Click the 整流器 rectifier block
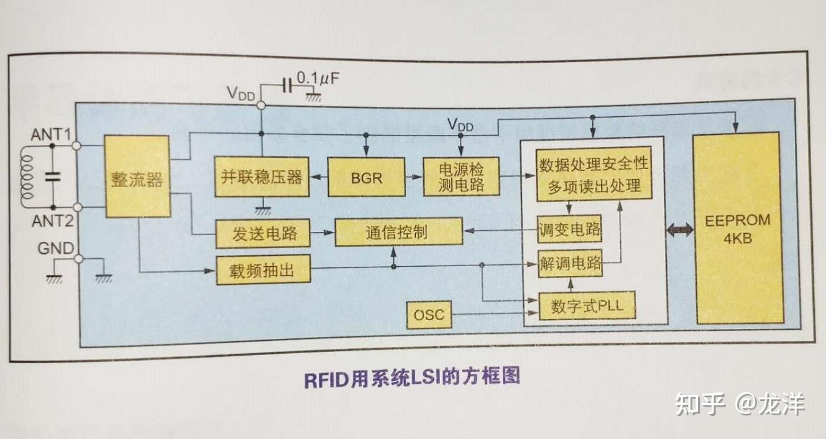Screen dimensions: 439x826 click(x=137, y=177)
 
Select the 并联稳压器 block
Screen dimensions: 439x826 click(x=262, y=177)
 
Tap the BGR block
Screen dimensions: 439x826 click(x=366, y=178)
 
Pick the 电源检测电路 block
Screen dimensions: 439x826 click(x=461, y=177)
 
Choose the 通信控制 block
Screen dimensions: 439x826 click(x=398, y=232)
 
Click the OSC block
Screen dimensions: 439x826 click(x=429, y=315)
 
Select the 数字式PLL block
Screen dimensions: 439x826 click(x=586, y=306)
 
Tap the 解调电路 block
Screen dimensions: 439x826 click(x=571, y=264)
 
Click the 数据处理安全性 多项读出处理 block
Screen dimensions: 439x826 click(x=594, y=176)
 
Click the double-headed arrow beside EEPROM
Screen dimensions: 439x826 click(x=680, y=231)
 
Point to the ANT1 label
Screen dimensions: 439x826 click(x=55, y=134)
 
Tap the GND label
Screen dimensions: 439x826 click(x=56, y=249)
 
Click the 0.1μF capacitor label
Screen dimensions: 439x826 click(x=318, y=79)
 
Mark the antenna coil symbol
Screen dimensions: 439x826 click(x=27, y=177)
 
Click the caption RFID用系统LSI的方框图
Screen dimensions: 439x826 click(x=411, y=378)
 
